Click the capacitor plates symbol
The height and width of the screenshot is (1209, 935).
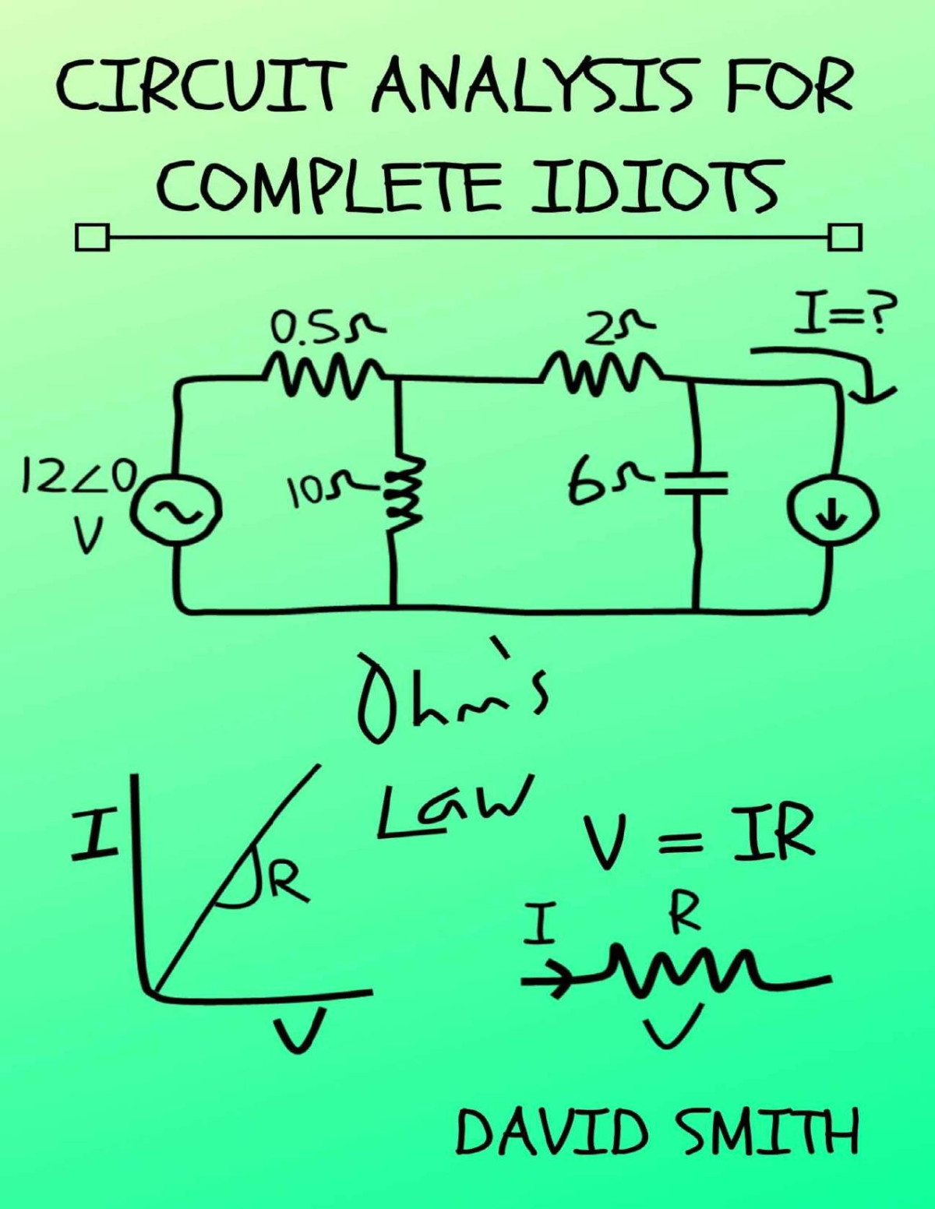697,483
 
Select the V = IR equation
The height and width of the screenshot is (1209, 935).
697,834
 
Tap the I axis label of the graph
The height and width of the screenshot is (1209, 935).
93,834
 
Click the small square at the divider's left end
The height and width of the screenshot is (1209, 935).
92,237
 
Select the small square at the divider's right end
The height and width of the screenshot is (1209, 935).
845,236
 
